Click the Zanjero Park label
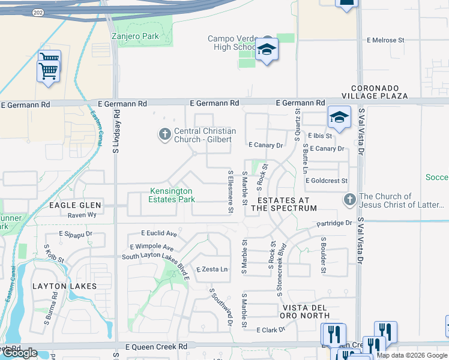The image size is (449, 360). pyautogui.click(x=135, y=37)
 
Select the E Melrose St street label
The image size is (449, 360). pyautogui.click(x=385, y=40)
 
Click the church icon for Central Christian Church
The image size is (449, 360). pyautogui.click(x=164, y=135)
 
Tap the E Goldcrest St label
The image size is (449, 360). pyautogui.click(x=326, y=181)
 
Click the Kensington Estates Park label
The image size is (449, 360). pyautogui.click(x=171, y=195)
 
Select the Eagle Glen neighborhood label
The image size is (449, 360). pyautogui.click(x=76, y=205)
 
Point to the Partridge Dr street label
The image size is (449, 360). pyautogui.click(x=334, y=223)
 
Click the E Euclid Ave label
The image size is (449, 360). pyautogui.click(x=159, y=233)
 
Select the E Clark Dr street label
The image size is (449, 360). pyautogui.click(x=270, y=330)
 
